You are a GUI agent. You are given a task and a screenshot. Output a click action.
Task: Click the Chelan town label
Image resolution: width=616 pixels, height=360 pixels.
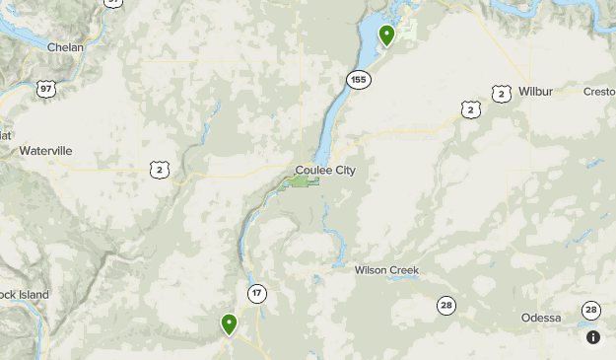(64, 46)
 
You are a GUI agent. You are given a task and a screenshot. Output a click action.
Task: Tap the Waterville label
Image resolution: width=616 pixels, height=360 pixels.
(46, 151)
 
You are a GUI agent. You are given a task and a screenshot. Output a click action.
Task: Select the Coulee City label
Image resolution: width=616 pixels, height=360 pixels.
(324, 170)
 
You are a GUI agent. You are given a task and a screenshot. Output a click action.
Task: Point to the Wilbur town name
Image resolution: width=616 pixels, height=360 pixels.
(536, 92)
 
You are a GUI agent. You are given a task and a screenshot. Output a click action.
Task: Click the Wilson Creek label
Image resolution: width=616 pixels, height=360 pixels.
(386, 269)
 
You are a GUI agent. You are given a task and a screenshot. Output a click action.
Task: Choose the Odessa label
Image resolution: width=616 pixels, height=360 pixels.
(541, 318)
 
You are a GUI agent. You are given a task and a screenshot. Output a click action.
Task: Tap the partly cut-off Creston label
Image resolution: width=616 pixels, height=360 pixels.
(599, 92)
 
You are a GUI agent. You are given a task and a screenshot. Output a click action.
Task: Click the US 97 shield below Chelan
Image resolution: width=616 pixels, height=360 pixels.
(45, 89)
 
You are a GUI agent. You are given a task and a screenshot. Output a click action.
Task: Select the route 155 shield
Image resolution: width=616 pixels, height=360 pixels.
(358, 79)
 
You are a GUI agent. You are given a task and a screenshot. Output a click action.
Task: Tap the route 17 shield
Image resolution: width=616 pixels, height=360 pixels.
(257, 293)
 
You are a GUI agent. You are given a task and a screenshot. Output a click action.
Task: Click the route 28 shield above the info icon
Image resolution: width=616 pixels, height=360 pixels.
(590, 310)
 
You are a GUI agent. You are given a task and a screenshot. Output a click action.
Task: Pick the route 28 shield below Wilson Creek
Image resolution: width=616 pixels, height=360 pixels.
(446, 306)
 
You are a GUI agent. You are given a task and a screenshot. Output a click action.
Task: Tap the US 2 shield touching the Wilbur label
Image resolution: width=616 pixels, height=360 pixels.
(502, 94)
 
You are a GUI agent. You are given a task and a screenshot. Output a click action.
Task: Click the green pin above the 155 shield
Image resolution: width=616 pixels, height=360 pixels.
(387, 36)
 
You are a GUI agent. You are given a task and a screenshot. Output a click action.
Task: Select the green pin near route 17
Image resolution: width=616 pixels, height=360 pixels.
(229, 324)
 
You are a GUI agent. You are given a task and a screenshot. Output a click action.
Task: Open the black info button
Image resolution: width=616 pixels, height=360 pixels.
(593, 337)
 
